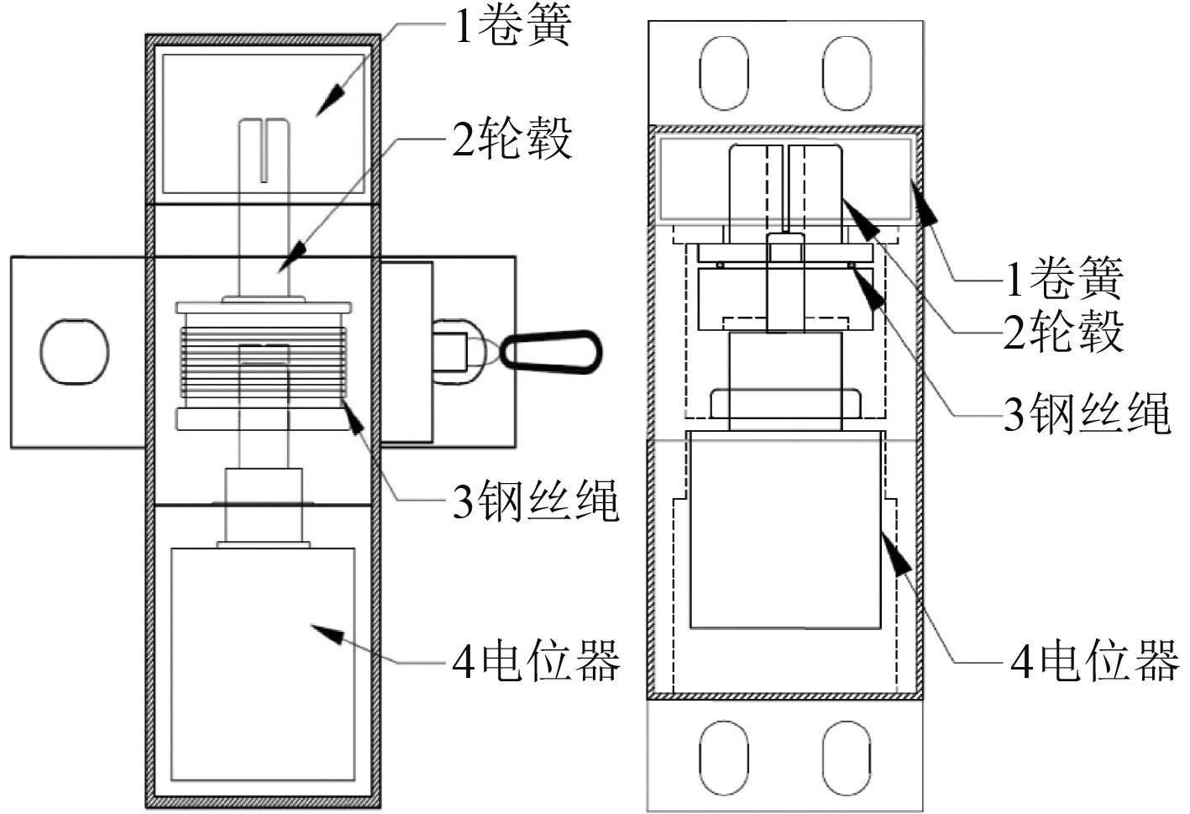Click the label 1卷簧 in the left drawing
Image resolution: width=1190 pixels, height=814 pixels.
(512, 25)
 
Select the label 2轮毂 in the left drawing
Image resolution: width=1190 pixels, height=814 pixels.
(512, 139)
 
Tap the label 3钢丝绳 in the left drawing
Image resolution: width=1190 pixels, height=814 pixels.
(536, 502)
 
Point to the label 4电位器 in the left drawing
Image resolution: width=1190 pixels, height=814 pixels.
(536, 661)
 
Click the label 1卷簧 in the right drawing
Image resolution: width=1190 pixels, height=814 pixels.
(1064, 278)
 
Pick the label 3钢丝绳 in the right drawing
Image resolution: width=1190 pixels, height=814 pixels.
(1087, 412)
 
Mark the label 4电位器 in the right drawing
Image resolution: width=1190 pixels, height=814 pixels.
(1094, 661)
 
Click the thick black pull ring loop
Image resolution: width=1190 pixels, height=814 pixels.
(553, 351)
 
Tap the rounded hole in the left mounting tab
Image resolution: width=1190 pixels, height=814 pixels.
(75, 350)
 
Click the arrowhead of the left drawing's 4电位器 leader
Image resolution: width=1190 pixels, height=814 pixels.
(330, 633)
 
